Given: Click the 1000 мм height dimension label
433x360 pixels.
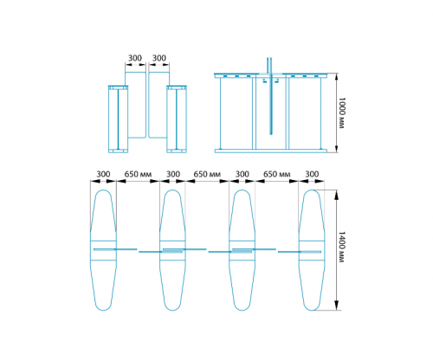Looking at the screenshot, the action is point(342,112).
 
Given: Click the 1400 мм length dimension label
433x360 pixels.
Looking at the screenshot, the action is point(342,247).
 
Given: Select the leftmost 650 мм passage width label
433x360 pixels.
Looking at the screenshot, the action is point(138,174).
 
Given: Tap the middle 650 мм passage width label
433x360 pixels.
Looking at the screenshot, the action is point(207,174).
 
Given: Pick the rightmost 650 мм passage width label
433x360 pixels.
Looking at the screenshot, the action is point(277,174).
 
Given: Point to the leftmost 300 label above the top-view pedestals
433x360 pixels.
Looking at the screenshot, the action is point(103,174).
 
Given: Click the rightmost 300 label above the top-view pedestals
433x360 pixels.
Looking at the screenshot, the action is point(312,174).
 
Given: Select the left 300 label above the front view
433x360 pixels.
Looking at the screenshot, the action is point(135,58).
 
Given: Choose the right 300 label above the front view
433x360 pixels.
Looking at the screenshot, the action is point(159,58).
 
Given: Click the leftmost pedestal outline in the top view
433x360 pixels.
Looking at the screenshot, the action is point(91,250).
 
